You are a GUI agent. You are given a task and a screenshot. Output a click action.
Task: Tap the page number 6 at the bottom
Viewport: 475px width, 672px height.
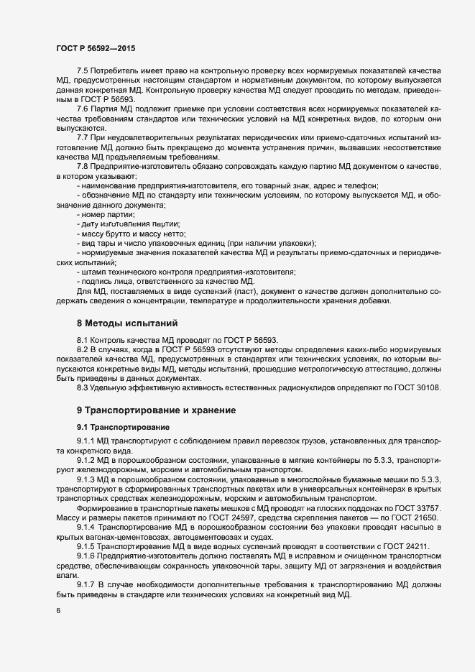tap(58, 612)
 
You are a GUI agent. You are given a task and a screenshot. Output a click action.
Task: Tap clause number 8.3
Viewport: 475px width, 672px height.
tap(82, 388)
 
